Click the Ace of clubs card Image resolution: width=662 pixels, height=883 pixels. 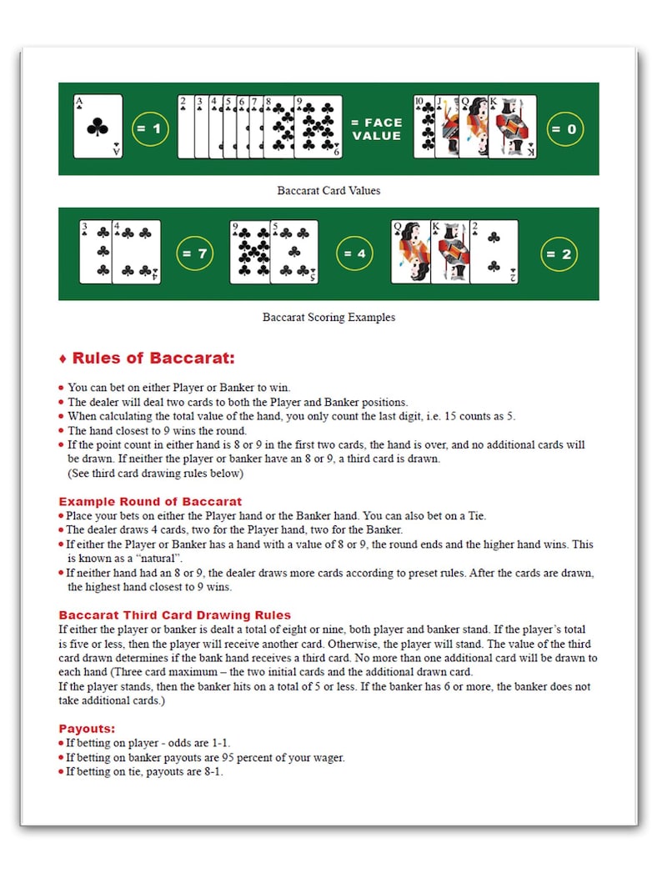tap(98, 127)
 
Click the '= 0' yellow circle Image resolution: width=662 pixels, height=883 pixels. tap(564, 129)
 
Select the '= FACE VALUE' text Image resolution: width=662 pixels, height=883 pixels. tap(376, 129)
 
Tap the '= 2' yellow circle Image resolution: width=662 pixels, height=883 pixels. tap(559, 253)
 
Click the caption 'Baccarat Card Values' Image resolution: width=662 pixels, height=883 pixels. tap(328, 191)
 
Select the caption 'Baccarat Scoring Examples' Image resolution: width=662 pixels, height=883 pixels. tap(328, 318)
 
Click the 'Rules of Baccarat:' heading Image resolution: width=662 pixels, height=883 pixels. tap(153, 359)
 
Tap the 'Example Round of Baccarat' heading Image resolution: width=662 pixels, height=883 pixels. tap(150, 502)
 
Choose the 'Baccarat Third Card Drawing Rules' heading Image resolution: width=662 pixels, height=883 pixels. tap(174, 615)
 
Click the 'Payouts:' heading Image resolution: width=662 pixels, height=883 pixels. tap(87, 728)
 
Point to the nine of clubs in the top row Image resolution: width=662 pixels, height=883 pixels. tap(318, 127)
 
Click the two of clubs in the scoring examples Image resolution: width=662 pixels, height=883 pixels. tap(494, 252)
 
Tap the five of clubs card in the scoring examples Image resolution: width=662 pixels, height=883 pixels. tap(294, 252)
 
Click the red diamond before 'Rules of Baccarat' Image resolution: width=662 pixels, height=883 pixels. tap(63, 359)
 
